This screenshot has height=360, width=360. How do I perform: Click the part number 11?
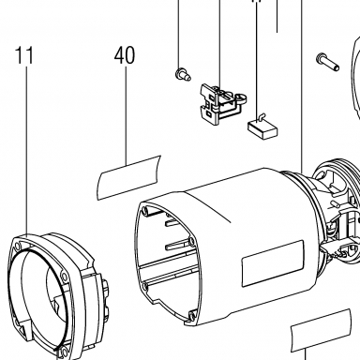pos(24,55)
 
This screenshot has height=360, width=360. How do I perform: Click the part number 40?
pos(125,55)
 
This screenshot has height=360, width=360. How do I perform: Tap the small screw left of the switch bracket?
pos(183,74)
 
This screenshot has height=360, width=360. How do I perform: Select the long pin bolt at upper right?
pos(327,62)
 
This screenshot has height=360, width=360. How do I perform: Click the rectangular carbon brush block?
pos(262,129)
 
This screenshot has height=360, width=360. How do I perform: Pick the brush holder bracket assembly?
pos(222,102)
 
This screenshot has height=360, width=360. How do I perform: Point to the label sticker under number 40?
pos(128,177)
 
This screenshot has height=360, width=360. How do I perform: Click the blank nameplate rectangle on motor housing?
pos(273,263)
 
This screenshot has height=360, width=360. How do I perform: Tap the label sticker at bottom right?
pos(321,330)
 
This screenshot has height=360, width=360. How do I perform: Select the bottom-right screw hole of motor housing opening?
pos(191,314)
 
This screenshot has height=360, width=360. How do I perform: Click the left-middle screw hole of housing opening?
pos(144,286)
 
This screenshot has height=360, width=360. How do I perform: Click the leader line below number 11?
pos(26,151)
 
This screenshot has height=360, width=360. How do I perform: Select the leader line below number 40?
pos(127,115)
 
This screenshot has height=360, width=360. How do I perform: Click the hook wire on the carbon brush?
pos(261,116)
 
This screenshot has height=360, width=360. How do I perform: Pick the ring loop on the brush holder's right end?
pos(241,97)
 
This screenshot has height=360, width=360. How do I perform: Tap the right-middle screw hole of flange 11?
pos(64,277)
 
